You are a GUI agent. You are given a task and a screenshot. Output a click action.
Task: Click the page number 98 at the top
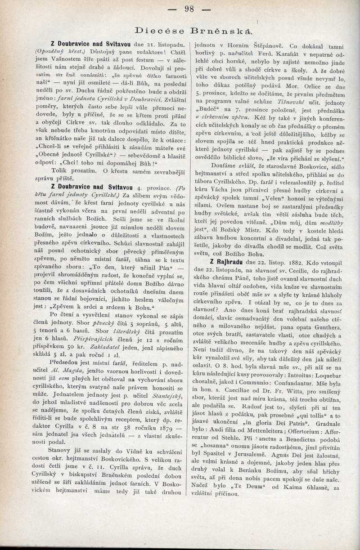pos(189,9)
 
